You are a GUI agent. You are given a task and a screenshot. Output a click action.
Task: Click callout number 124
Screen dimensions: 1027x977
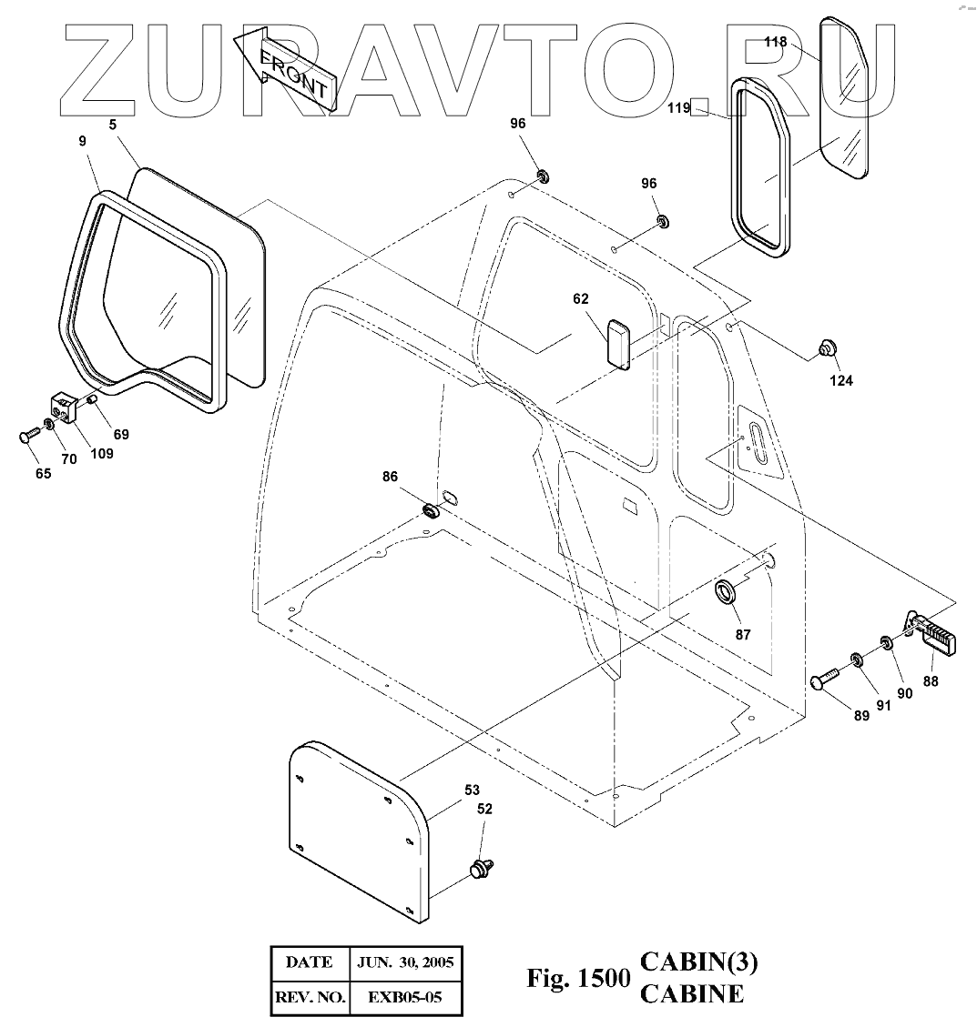pyautogui.click(x=840, y=380)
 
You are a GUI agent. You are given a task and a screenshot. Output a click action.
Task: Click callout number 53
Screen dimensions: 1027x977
pyautogui.click(x=472, y=790)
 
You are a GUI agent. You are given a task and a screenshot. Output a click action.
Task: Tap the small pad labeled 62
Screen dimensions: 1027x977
pyautogui.click(x=619, y=344)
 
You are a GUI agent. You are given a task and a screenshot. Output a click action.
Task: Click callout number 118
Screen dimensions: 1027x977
pyautogui.click(x=775, y=42)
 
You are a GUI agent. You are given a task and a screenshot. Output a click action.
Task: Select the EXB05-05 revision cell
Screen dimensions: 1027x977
pyautogui.click(x=405, y=998)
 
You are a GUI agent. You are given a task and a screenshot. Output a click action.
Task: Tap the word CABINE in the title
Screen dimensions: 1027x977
pyautogui.click(x=692, y=993)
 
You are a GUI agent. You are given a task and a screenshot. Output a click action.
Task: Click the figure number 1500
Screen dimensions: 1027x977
pyautogui.click(x=605, y=979)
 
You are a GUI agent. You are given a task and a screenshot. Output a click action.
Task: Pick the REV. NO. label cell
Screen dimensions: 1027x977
pyautogui.click(x=310, y=998)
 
